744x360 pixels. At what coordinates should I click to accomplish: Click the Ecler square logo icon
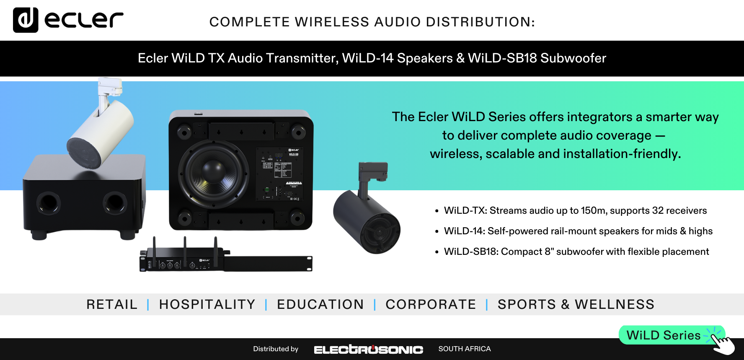pos(26,20)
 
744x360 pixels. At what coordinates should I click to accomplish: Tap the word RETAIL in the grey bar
pos(112,304)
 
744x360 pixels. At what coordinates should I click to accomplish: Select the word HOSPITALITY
pos(207,304)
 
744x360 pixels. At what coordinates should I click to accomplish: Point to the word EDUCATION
pos(320,304)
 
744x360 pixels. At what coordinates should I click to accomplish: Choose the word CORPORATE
pos(431,304)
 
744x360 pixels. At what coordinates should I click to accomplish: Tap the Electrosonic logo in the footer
pos(368,349)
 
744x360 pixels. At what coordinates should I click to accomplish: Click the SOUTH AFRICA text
pos(464,349)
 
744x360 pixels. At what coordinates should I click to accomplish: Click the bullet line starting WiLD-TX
pos(575,210)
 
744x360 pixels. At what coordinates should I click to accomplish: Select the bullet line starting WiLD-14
pos(578,231)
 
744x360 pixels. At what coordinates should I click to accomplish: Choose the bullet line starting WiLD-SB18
pos(576,251)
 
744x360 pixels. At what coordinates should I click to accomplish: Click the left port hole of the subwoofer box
pos(49,203)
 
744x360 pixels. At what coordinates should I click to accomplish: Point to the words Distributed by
pos(276,349)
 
